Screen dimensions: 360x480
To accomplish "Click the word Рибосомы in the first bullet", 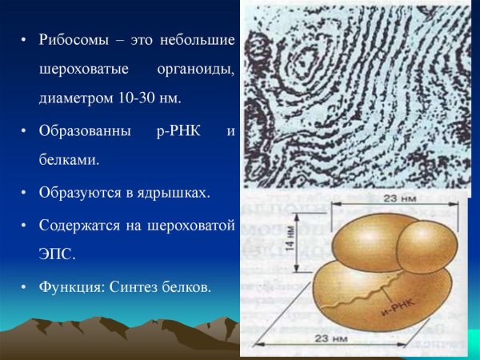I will click(69, 40).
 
